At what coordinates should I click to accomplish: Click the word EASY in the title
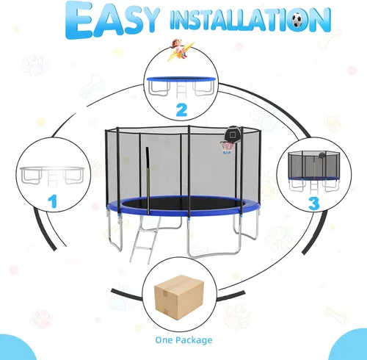[112, 20]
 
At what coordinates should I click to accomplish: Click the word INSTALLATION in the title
[250, 20]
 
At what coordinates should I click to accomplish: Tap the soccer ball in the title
[298, 20]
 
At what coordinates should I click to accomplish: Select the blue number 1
[53, 201]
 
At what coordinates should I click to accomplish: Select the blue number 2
[181, 110]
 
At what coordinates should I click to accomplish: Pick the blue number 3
[314, 204]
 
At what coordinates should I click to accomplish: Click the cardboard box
[179, 298]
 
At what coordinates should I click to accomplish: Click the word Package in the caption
[194, 340]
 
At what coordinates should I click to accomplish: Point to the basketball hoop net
[228, 146]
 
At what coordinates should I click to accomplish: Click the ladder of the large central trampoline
[145, 240]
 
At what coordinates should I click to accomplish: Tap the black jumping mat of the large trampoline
[182, 204]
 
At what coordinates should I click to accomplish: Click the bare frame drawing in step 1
[52, 176]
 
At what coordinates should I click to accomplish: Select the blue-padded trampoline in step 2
[181, 87]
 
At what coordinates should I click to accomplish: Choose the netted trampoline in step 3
[314, 171]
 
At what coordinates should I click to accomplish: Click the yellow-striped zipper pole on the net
[148, 181]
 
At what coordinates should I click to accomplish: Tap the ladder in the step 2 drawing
[181, 90]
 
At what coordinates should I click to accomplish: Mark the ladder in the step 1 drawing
[52, 179]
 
